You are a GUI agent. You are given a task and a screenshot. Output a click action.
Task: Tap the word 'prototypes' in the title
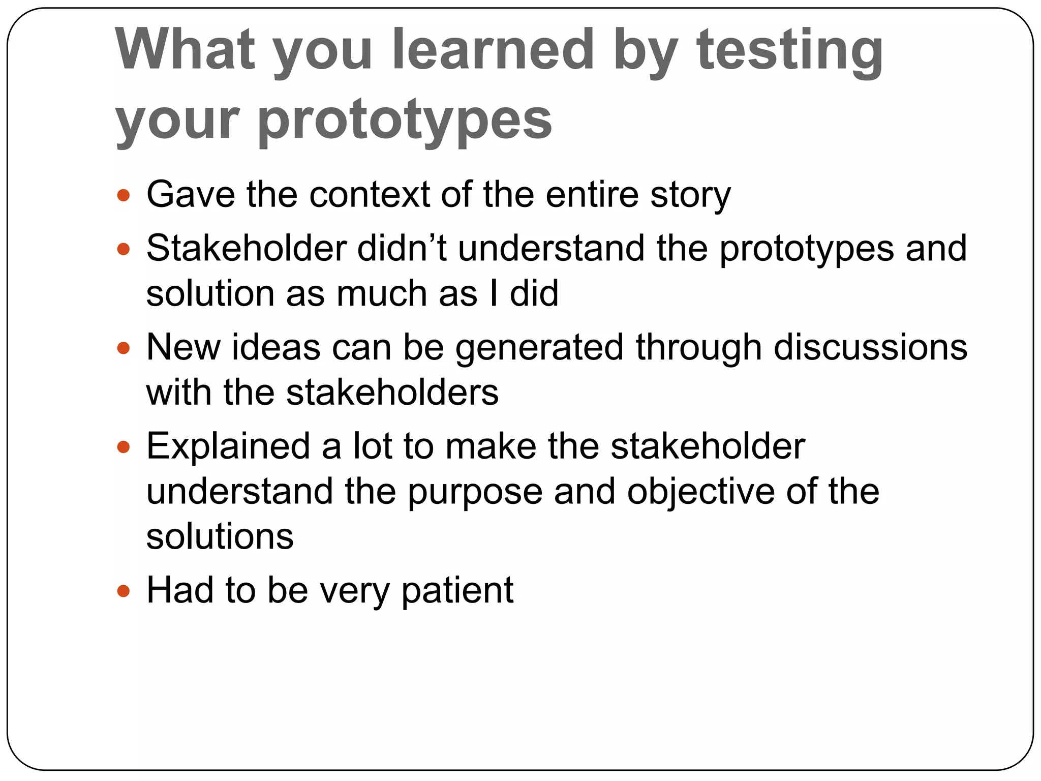[405, 120]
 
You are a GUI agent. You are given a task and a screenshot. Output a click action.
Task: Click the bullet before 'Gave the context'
[124, 195]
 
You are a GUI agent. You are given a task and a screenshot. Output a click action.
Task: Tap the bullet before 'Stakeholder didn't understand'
[124, 249]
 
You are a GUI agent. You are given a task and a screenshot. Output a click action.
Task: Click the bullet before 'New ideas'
[124, 348]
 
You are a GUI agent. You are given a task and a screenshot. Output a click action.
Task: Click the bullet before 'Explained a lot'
[124, 447]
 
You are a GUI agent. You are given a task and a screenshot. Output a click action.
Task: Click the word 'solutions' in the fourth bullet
[220, 536]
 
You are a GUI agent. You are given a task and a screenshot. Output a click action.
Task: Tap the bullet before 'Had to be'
[124, 591]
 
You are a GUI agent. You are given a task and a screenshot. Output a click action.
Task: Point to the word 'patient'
[457, 591]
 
